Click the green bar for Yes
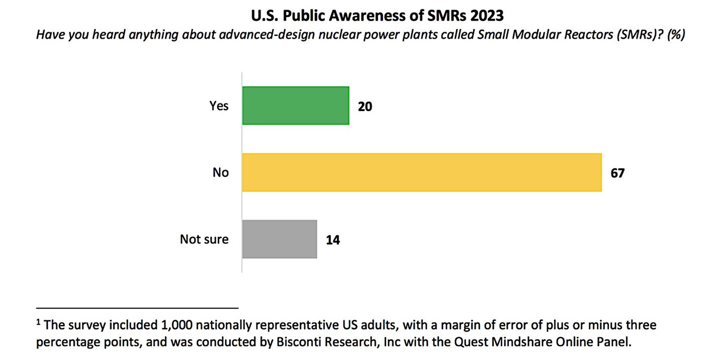click(296, 106)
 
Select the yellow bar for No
click(421, 172)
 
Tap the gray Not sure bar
click(280, 239)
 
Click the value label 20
click(365, 106)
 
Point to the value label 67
click(618, 173)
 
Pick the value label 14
click(333, 240)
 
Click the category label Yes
click(219, 106)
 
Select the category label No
click(220, 172)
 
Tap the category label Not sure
click(204, 239)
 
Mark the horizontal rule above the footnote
click(137, 307)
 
